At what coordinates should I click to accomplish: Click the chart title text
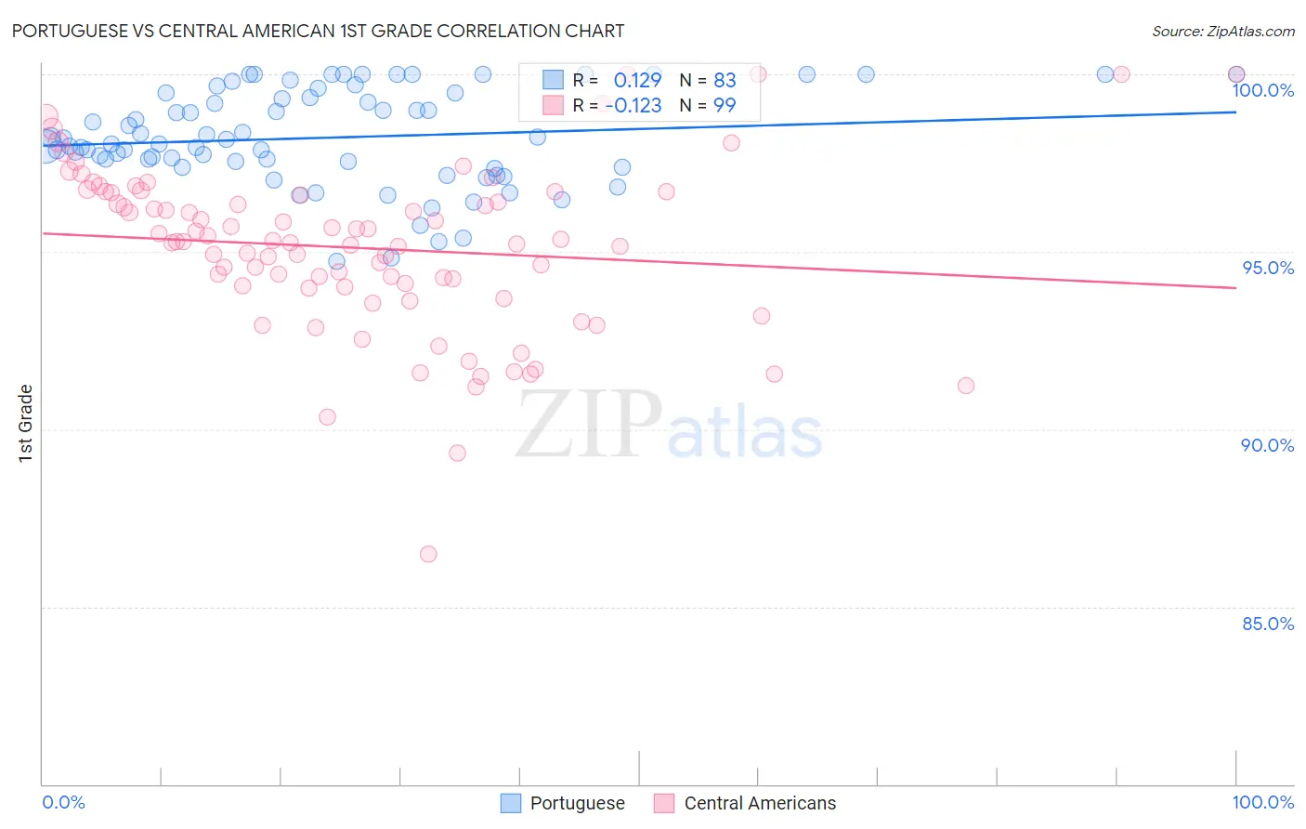click(318, 31)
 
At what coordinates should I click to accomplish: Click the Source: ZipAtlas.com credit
click(1222, 31)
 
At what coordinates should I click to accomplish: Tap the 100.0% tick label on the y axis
click(1262, 90)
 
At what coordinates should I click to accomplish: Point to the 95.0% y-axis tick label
click(1268, 268)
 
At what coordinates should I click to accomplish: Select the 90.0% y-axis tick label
click(1267, 445)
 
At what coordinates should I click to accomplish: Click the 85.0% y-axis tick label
click(1267, 624)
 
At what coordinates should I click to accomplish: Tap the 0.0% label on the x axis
click(63, 802)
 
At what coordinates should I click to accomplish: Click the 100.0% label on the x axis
click(1262, 802)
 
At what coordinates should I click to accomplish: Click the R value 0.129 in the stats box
click(637, 81)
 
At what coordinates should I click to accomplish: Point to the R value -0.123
click(633, 106)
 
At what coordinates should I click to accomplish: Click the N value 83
click(725, 81)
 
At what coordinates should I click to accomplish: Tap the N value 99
click(725, 106)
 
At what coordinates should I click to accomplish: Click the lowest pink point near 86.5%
click(428, 554)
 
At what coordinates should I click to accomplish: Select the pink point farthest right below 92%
click(966, 386)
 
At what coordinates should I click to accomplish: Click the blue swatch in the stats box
click(554, 80)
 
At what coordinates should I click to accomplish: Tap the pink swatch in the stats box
click(554, 105)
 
